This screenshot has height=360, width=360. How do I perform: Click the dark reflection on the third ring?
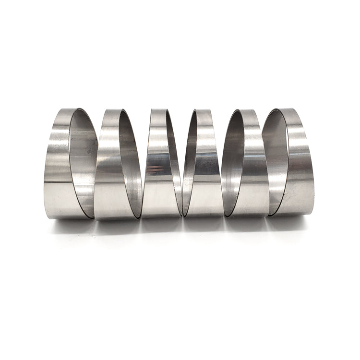155,169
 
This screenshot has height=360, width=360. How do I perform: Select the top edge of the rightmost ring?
288,110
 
